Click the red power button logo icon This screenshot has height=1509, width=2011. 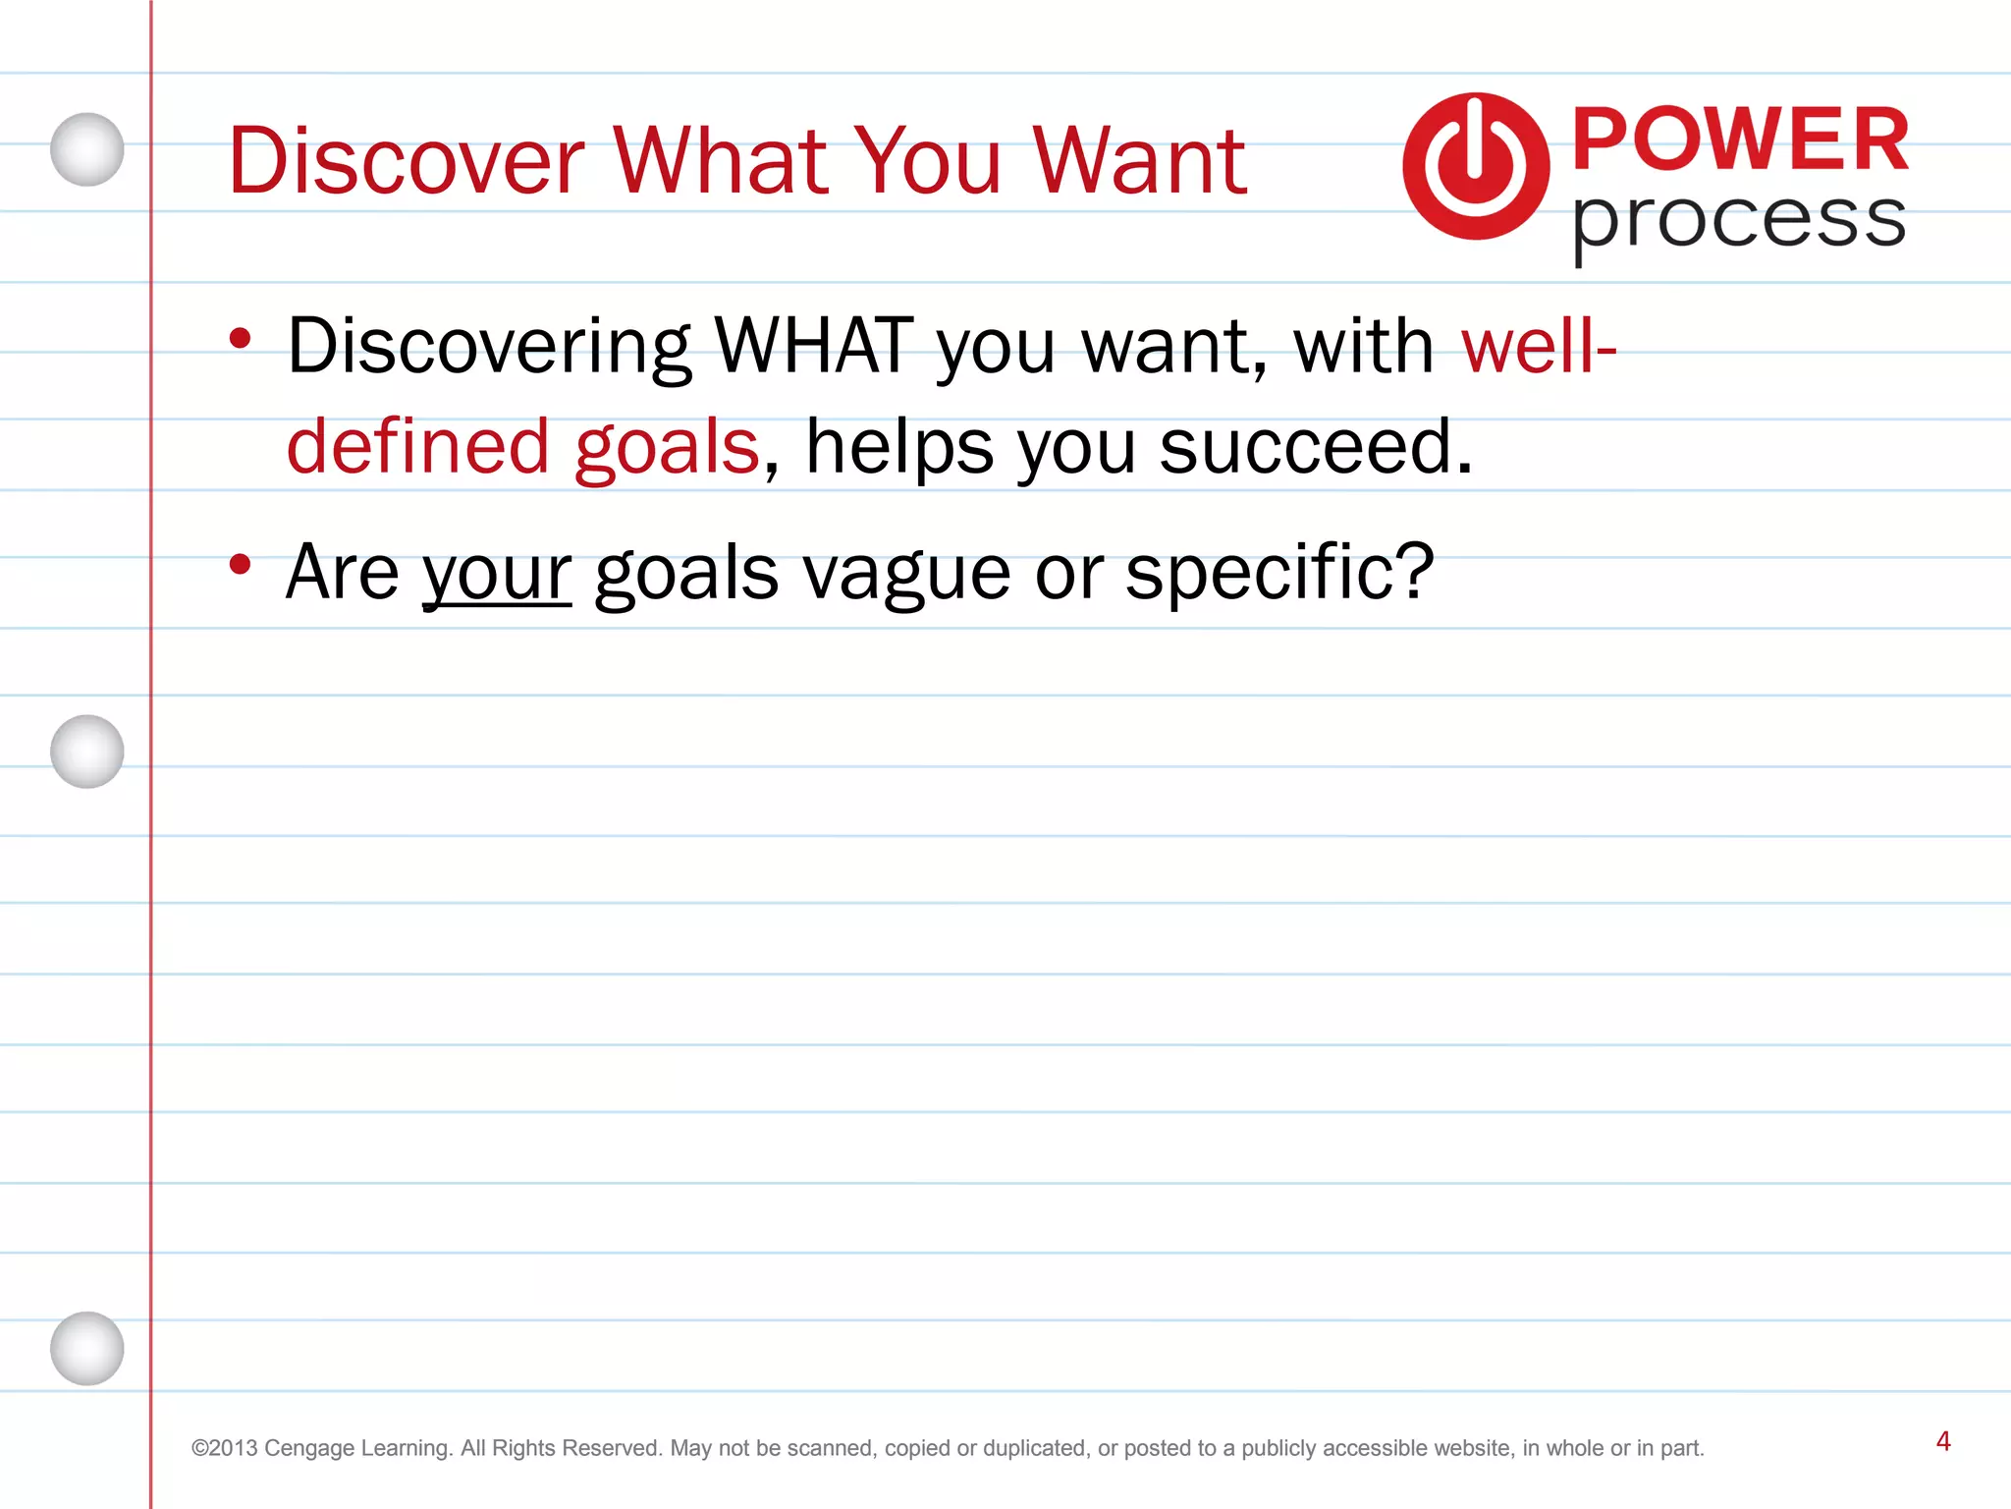point(1475,166)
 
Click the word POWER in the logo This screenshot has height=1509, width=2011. point(1740,140)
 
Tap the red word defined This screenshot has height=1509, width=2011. point(417,446)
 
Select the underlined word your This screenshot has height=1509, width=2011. point(497,573)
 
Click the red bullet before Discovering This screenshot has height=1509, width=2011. point(240,339)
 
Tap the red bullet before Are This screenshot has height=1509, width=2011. point(240,564)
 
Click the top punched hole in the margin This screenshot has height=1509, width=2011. point(87,149)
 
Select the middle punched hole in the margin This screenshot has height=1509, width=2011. point(87,752)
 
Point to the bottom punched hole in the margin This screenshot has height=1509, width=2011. point(87,1348)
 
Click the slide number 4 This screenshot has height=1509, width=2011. point(1942,1441)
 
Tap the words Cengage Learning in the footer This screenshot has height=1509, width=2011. point(357,1448)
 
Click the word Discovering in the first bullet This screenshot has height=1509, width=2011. point(489,346)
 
